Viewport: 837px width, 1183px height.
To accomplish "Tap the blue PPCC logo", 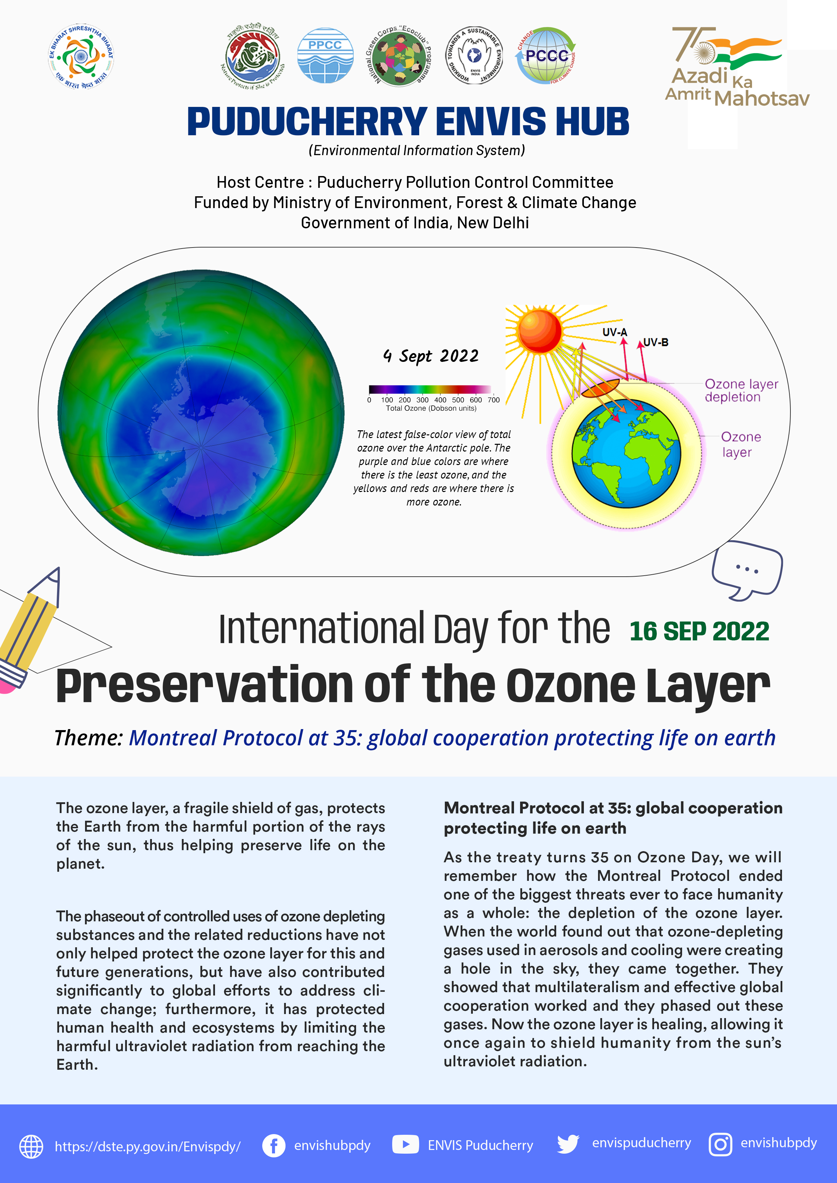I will point(325,56).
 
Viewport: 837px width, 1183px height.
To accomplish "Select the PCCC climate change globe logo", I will point(546,56).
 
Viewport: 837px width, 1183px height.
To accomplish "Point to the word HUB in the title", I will point(585,122).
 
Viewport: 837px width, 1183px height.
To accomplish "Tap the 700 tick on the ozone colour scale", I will point(493,400).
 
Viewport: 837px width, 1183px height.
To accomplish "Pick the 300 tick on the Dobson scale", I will point(422,400).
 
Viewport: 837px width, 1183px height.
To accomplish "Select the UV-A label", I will point(615,332).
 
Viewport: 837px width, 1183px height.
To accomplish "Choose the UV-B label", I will point(655,342).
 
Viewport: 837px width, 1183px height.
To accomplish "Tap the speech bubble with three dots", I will point(747,570).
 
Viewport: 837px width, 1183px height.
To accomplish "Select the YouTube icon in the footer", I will point(405,1145).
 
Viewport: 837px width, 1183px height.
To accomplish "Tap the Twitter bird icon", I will point(568,1144).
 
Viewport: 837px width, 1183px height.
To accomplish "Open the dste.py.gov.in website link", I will point(147,1147).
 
